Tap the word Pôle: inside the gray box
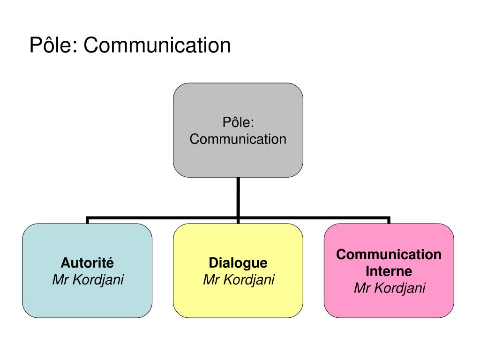[x=238, y=122]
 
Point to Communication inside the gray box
[x=238, y=139]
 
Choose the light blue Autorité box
[x=87, y=300]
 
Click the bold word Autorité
[x=87, y=262]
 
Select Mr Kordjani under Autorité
[x=88, y=280]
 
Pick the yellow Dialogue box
[x=238, y=300]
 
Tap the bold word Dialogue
[x=238, y=262]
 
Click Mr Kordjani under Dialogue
[x=239, y=280]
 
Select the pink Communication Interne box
[x=389, y=305]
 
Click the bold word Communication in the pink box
[x=389, y=255]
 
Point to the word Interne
[x=389, y=271]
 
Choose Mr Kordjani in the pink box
[x=389, y=288]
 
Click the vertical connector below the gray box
[x=238, y=197]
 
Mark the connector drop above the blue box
[x=88, y=220]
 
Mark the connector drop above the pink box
[x=389, y=220]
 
